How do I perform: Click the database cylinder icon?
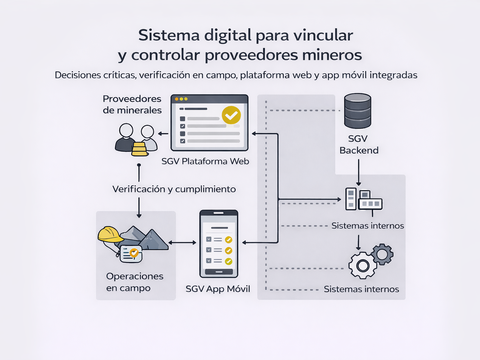358,111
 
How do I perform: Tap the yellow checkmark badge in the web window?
231,115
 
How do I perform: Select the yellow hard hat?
110,234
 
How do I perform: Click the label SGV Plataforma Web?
205,161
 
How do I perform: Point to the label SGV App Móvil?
218,289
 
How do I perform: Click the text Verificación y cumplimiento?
174,189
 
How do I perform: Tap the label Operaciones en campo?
135,282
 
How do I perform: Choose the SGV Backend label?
359,144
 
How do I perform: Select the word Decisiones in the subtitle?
78,75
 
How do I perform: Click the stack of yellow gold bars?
139,149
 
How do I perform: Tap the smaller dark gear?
382,254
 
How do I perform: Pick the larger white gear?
363,265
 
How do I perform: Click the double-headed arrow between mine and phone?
182,243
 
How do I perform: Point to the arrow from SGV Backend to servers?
359,172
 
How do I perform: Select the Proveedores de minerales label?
132,104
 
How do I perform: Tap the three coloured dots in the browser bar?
181,99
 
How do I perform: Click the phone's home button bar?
219,272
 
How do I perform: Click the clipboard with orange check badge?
131,253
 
